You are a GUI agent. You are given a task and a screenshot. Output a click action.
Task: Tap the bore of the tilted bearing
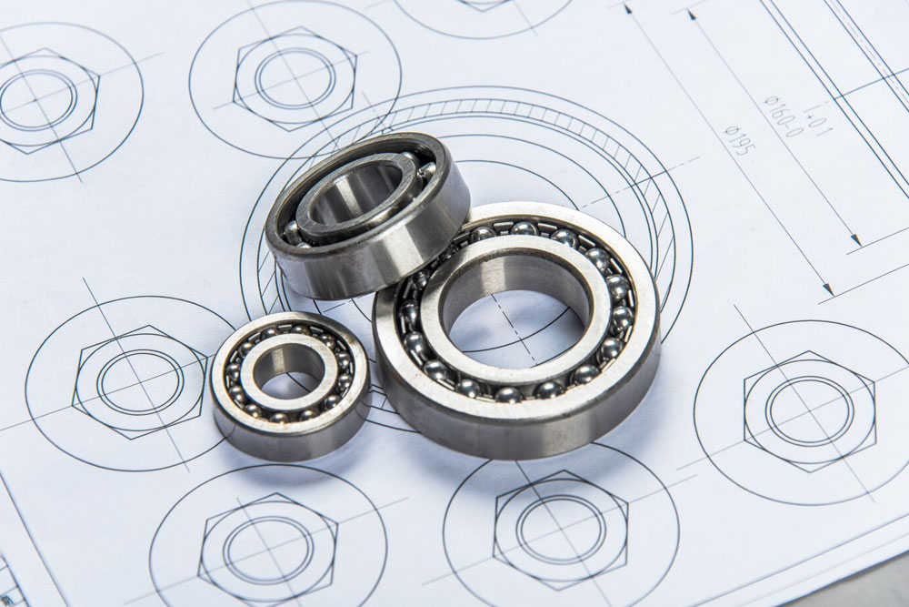tap(355, 196)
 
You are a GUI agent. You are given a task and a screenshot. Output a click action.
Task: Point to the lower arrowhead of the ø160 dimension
tap(855, 241)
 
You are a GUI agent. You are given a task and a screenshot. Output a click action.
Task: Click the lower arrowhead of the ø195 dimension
tap(826, 291)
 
